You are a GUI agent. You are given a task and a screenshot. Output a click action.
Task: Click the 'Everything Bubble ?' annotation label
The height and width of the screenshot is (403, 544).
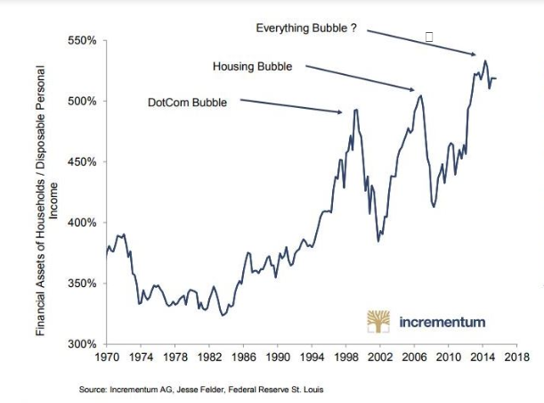pos(306,29)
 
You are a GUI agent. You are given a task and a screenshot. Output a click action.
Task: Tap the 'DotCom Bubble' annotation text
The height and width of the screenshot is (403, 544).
pos(187,103)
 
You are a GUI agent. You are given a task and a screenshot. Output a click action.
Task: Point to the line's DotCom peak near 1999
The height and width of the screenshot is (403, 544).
pos(356,110)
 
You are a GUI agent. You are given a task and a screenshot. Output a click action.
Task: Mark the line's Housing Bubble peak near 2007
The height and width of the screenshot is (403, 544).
pos(420,95)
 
